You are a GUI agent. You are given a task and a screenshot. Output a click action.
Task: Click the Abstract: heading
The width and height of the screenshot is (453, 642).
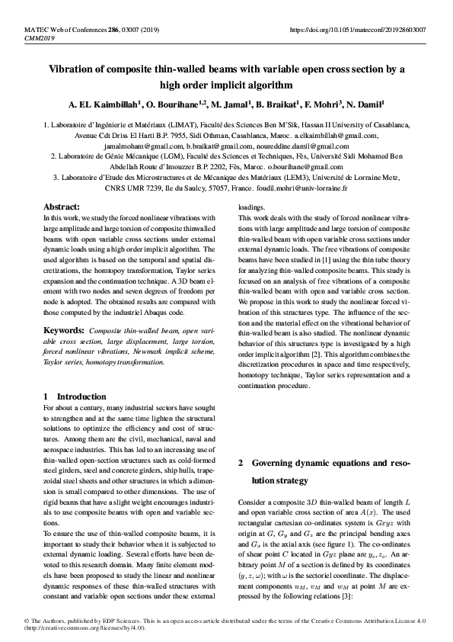point(62,207)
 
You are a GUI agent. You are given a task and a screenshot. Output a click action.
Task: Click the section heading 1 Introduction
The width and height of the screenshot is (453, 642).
point(75,396)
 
